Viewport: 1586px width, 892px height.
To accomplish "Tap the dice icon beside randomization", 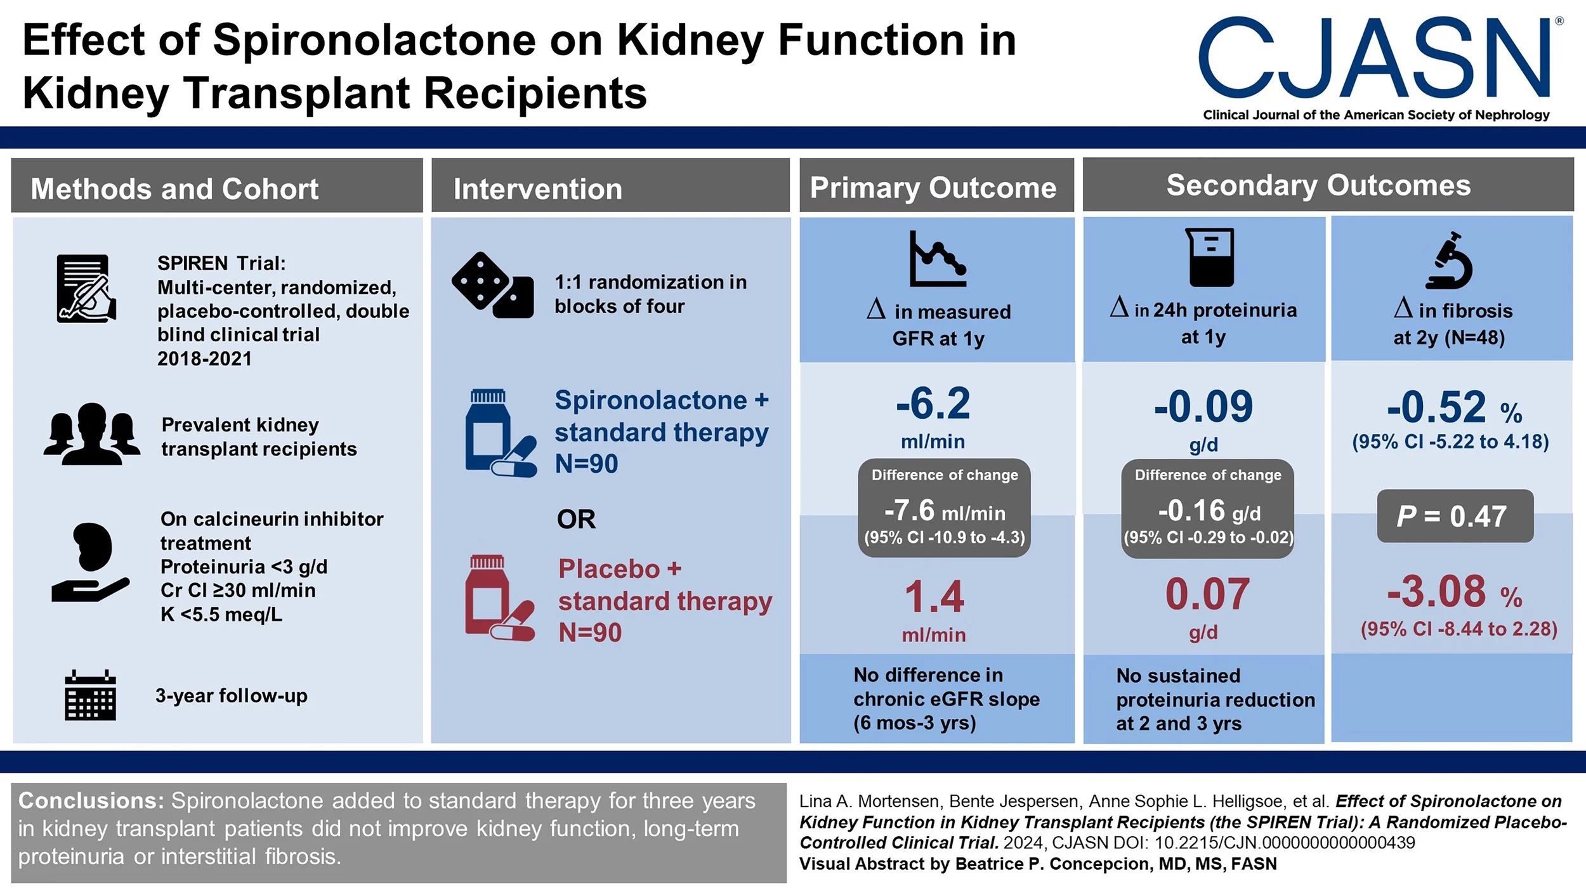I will pos(492,285).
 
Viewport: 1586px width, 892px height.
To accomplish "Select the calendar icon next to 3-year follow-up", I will pos(90,695).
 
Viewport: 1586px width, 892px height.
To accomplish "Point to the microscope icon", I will pos(1450,261).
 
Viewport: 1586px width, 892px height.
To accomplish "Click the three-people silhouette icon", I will pos(92,434).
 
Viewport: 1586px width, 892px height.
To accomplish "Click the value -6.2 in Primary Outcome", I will pos(933,403).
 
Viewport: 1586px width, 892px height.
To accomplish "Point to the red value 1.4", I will pos(934,597).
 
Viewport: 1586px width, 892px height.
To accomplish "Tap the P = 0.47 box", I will pos(1455,516).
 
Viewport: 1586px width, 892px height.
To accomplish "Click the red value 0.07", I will pos(1207,595).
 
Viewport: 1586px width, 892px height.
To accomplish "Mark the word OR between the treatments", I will pos(576,520).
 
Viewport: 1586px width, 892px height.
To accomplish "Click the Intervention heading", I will pos(537,189).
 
